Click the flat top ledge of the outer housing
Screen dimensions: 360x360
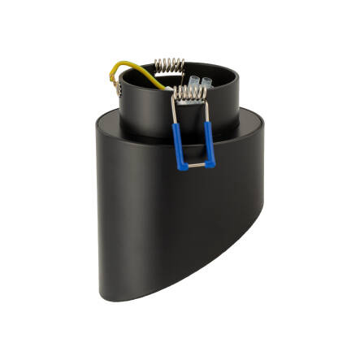(x=114, y=125)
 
